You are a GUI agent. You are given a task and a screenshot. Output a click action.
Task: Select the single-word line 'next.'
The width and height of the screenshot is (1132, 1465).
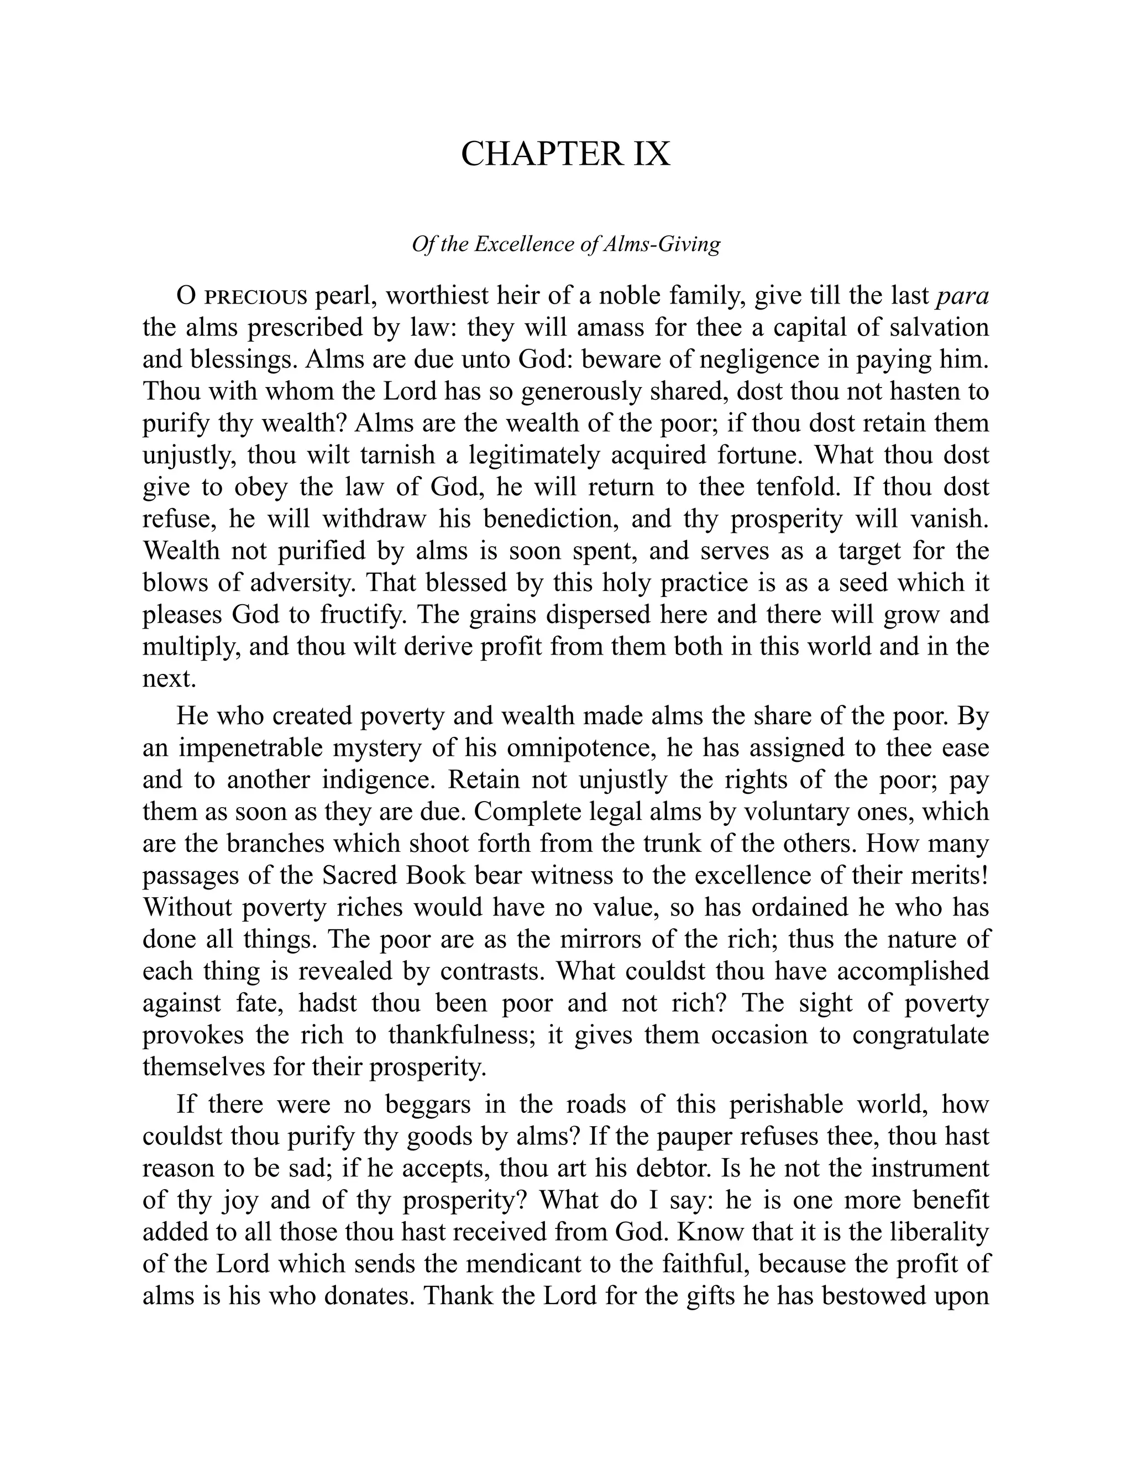[x=169, y=679]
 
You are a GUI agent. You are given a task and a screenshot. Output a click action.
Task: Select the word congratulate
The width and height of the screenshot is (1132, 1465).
[x=920, y=1035]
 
